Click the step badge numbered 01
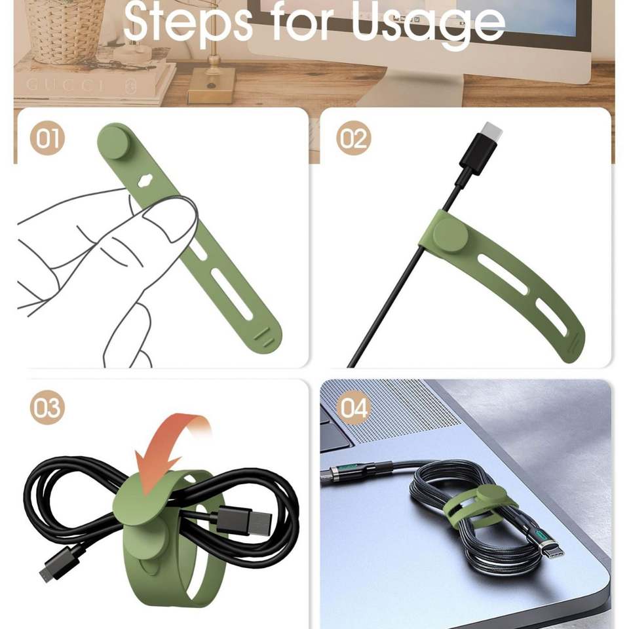click(x=47, y=138)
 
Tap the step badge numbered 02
click(x=353, y=138)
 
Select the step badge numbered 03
click(x=47, y=408)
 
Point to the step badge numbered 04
click(x=353, y=408)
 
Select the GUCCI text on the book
click(x=66, y=85)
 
